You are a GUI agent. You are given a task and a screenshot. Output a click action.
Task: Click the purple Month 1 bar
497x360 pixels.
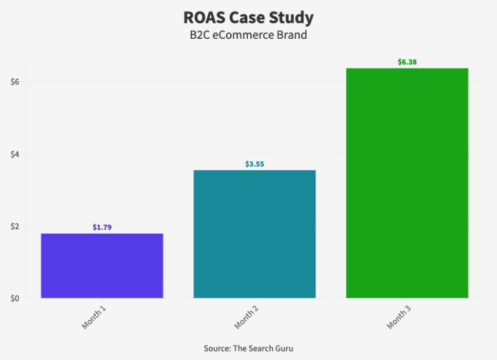click(x=102, y=265)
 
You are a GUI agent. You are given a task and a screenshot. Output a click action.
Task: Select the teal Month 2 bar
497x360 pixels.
click(x=254, y=234)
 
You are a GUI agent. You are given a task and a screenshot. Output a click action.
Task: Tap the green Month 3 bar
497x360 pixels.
click(x=407, y=183)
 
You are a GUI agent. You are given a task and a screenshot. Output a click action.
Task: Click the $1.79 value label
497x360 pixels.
click(x=102, y=227)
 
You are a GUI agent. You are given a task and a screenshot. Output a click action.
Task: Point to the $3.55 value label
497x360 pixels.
click(x=254, y=164)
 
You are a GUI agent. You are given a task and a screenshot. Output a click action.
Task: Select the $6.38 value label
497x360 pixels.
click(x=407, y=62)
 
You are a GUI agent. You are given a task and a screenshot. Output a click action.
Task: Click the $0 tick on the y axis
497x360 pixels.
click(x=15, y=298)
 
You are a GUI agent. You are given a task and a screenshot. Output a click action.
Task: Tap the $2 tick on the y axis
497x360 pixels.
click(x=15, y=226)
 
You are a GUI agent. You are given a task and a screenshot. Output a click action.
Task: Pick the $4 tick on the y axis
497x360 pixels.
click(x=15, y=154)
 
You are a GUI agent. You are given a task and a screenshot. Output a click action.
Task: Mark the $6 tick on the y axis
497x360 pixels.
click(x=15, y=82)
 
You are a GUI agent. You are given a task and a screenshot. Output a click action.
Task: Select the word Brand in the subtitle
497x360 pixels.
click(x=292, y=35)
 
